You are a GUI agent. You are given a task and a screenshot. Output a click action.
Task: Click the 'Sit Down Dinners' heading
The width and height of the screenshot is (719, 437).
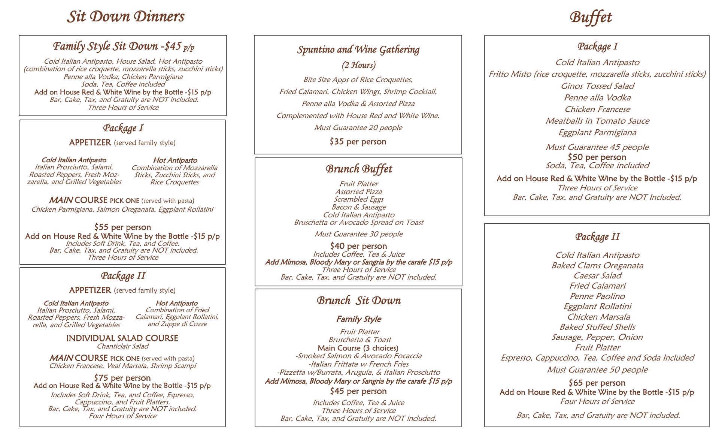tap(125, 17)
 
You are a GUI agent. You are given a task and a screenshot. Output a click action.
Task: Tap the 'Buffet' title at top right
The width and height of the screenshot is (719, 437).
tap(591, 18)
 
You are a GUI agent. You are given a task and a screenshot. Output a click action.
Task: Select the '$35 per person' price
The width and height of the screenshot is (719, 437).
tap(358, 142)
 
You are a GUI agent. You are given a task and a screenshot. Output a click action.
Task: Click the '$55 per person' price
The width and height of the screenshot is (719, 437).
tap(122, 227)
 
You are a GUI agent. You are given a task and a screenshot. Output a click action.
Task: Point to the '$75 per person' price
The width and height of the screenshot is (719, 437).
tap(122, 378)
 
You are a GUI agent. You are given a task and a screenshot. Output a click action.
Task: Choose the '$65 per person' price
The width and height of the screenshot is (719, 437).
tap(597, 383)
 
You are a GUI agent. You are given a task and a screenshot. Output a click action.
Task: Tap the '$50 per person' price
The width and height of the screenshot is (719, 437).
tap(597, 157)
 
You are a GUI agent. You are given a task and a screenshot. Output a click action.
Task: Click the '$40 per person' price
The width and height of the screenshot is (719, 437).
tap(358, 246)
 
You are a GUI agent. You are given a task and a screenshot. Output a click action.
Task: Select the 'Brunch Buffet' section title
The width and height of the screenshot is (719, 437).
tap(359, 169)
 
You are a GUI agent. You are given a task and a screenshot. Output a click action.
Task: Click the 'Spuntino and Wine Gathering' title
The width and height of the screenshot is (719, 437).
tap(358, 50)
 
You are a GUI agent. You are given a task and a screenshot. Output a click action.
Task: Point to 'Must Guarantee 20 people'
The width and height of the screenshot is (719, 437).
tap(358, 128)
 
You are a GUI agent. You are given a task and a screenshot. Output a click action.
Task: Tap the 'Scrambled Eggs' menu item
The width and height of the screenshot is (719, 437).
tap(358, 199)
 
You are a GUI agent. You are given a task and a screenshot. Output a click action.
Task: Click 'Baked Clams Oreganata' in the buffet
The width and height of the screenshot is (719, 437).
tap(597, 265)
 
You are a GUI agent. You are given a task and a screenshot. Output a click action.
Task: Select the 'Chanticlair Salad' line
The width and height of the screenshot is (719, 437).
tap(122, 346)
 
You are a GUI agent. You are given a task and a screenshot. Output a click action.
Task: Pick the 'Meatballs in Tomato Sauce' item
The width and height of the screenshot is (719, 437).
tap(597, 121)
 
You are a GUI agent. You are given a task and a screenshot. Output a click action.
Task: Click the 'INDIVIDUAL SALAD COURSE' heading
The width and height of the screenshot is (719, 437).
tap(122, 338)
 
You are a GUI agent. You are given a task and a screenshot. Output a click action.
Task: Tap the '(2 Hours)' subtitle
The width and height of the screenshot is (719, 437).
tap(358, 65)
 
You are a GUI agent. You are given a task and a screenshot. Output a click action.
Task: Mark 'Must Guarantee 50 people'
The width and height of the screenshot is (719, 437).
tap(597, 370)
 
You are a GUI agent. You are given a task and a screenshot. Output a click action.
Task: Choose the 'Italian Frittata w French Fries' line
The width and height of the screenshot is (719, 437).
tap(358, 364)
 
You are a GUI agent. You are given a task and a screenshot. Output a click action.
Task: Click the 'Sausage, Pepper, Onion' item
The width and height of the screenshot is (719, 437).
tap(597, 337)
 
